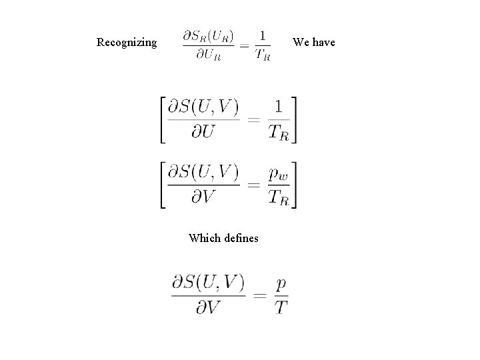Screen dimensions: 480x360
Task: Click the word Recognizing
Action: tap(127, 43)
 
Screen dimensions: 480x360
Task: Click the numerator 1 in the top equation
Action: tap(263, 35)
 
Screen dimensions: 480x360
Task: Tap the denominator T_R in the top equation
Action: tap(263, 55)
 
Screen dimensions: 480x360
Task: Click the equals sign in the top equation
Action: tap(245, 45)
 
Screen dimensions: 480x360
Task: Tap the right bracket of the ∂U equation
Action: tap(293, 119)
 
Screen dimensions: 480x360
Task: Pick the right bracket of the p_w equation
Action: tap(293, 185)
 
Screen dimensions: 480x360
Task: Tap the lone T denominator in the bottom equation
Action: tap(281, 307)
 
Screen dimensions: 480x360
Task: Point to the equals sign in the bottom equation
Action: tap(260, 295)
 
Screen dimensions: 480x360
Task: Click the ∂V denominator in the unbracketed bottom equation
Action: tap(207, 307)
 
